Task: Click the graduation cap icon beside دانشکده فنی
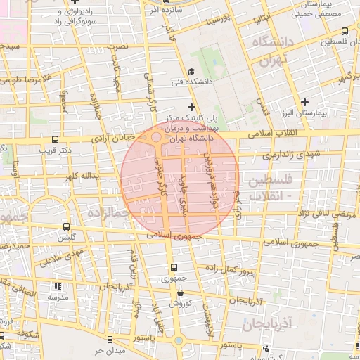(x=191, y=72)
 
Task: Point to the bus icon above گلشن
(x=67, y=227)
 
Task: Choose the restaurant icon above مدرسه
(x=58, y=287)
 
